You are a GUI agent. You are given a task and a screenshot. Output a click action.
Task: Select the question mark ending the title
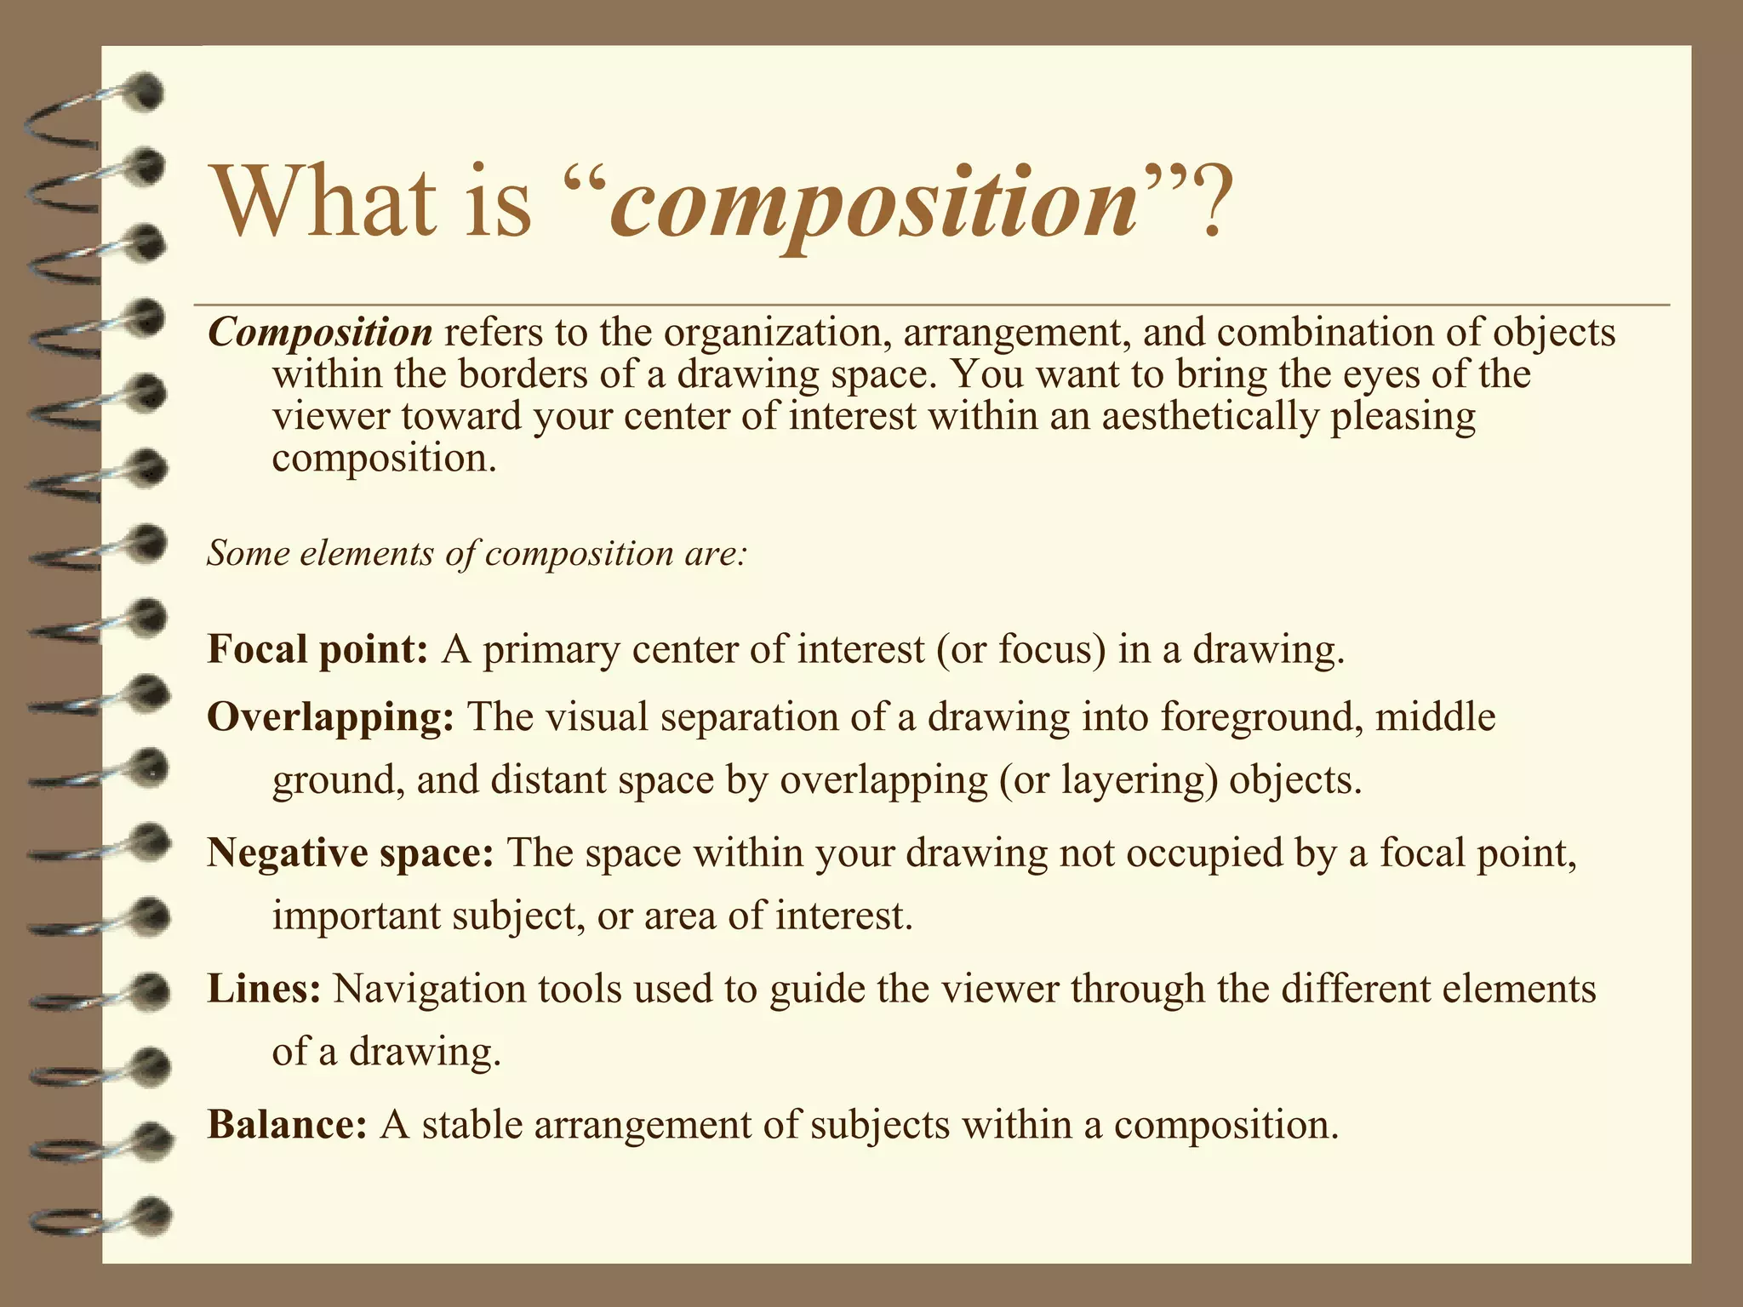coord(1204,203)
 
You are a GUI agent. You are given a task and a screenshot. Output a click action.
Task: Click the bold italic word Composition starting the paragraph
coord(320,332)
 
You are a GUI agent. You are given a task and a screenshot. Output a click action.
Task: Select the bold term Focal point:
coord(317,650)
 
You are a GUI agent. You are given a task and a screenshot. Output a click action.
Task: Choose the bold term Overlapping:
coord(331,717)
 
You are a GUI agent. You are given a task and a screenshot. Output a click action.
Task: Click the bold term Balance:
coord(287,1125)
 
